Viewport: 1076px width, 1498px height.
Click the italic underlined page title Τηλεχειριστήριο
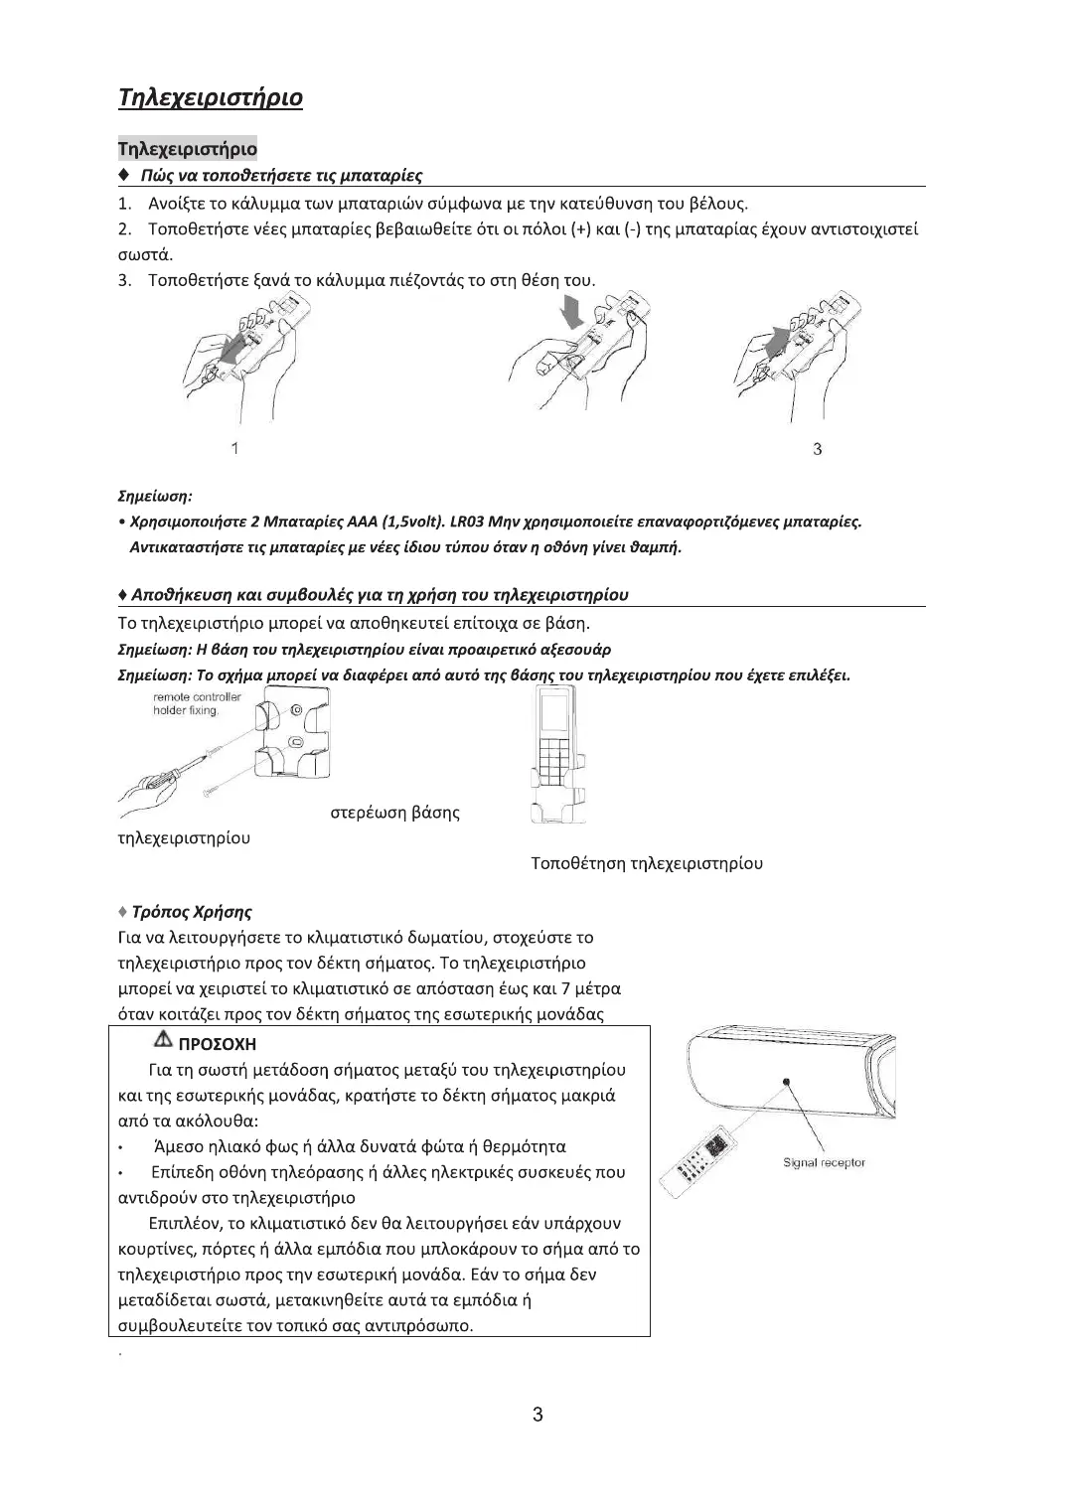pos(211,97)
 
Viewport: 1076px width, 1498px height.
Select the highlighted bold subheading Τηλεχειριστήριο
pos(188,149)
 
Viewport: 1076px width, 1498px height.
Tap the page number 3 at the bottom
pos(538,1415)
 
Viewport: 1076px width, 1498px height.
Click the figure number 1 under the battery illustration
pos(234,448)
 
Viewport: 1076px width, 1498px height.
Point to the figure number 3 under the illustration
pos(817,449)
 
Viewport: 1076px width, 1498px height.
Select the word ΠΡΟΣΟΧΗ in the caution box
pos(216,1044)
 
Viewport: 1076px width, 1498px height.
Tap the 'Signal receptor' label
pos(824,1162)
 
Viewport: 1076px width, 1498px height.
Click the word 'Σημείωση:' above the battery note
pos(155,494)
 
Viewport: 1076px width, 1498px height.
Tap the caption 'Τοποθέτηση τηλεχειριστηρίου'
pos(647,863)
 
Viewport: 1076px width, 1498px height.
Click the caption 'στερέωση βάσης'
pos(394,813)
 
